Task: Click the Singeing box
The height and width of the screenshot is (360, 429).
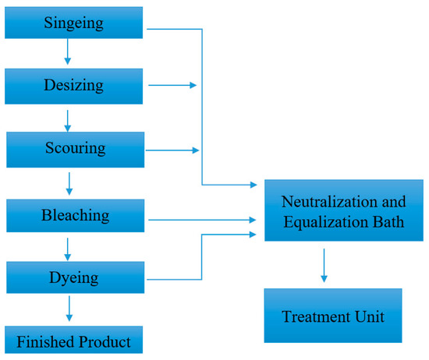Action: tap(74, 20)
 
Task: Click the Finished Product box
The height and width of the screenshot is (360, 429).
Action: tap(75, 341)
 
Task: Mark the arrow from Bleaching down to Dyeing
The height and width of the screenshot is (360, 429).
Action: tap(69, 249)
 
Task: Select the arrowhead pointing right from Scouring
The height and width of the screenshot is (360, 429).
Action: tap(193, 149)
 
